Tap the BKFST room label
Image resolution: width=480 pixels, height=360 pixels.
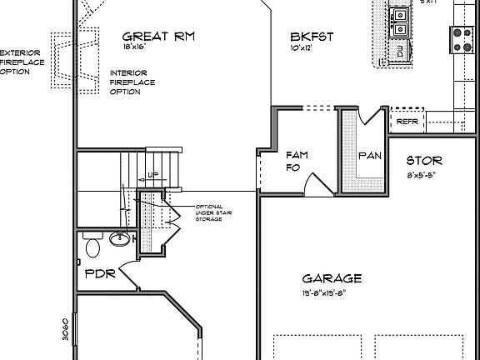[312, 37]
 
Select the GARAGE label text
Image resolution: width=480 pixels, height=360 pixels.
[332, 279]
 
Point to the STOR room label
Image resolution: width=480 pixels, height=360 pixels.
[424, 161]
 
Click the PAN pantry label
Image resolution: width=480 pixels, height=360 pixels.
[369, 156]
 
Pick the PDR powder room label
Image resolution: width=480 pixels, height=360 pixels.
[99, 272]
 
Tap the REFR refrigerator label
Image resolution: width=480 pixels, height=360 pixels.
[407, 122]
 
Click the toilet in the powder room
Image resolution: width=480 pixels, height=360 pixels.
[92, 247]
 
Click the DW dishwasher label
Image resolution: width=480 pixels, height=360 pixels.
[400, 52]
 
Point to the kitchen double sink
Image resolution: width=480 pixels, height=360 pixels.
[401, 22]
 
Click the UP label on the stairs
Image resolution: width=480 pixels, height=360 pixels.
[152, 175]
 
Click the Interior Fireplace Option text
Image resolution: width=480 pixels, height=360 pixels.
[128, 82]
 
